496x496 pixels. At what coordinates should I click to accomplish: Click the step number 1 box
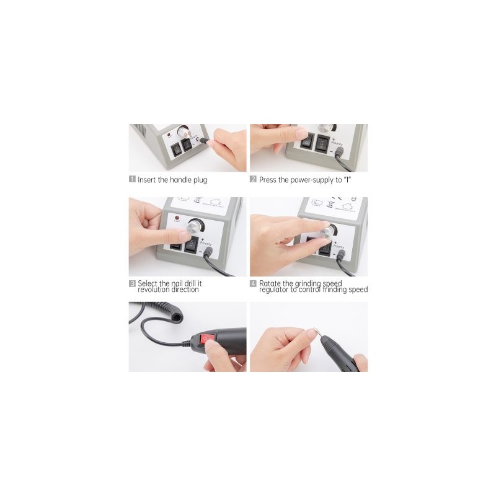point(132,180)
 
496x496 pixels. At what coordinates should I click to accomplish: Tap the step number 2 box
point(253,180)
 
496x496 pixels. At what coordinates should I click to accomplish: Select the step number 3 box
point(132,283)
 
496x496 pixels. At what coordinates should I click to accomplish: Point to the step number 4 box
point(253,283)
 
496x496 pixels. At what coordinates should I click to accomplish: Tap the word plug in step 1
point(200,180)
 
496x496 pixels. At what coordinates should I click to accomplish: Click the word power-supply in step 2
point(311,180)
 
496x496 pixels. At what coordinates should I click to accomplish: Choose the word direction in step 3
point(186,290)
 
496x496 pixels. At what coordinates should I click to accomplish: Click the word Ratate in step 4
point(271,283)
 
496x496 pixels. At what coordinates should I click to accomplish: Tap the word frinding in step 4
point(333,290)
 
